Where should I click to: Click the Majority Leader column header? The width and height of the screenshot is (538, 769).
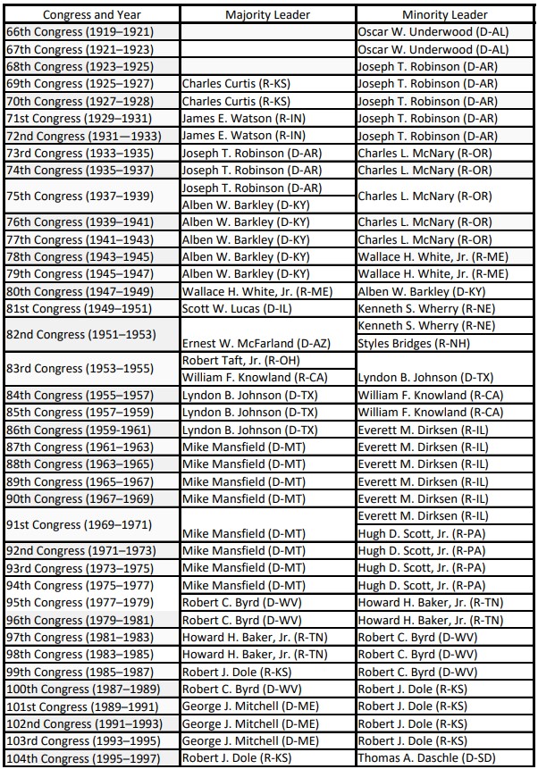tap(267, 14)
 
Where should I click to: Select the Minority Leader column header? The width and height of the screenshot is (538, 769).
tap(444, 14)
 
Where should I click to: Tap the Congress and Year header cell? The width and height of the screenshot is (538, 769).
tap(91, 14)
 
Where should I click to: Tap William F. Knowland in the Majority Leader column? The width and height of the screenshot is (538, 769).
tap(253, 378)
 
